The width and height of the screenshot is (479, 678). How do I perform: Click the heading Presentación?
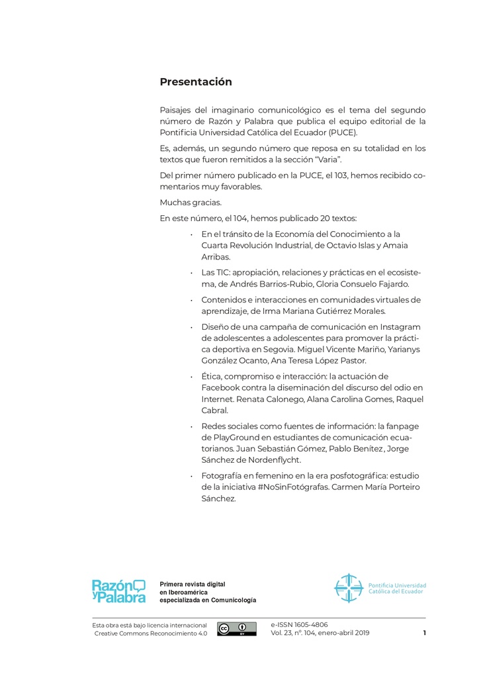pos(196,82)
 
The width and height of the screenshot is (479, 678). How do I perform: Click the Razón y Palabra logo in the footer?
pos(118,591)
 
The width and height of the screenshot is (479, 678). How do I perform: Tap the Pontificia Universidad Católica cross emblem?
pos(348,588)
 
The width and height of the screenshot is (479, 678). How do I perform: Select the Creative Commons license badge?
pos(237,629)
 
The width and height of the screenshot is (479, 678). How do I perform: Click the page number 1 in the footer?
pos(424,633)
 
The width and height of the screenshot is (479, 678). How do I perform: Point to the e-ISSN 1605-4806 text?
pos(299,624)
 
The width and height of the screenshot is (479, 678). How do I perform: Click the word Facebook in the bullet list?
pos(224,387)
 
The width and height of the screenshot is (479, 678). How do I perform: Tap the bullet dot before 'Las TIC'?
pos(191,273)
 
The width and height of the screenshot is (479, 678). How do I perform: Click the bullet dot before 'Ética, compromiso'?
pos(191,377)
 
